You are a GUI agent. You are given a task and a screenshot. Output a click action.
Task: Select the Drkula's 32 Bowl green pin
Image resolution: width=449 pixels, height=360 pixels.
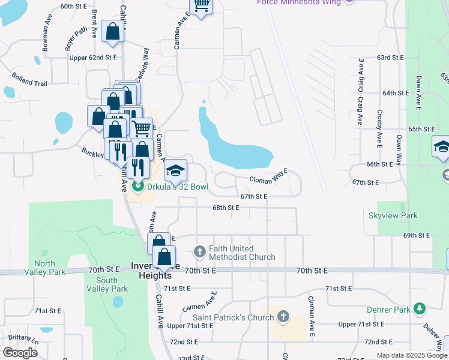(x=136, y=187)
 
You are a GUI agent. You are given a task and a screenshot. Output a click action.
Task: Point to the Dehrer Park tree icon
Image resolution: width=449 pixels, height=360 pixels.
(x=420, y=309)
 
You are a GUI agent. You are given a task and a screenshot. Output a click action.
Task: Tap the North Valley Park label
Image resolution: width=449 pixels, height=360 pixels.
(x=44, y=268)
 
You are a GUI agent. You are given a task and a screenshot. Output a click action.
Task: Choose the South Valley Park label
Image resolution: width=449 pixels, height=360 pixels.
(x=106, y=284)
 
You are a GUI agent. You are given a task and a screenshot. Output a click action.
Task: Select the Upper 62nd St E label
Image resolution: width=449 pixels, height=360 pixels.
(x=93, y=58)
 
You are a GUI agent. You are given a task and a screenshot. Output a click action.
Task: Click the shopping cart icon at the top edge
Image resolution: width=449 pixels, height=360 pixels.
(x=201, y=5)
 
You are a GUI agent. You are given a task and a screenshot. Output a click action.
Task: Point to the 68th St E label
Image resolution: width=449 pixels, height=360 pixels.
(x=226, y=208)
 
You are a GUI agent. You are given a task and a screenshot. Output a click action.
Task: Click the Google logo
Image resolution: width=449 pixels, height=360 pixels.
(x=20, y=352)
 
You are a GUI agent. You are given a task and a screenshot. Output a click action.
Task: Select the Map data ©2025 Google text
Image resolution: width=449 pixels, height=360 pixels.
(x=411, y=355)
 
